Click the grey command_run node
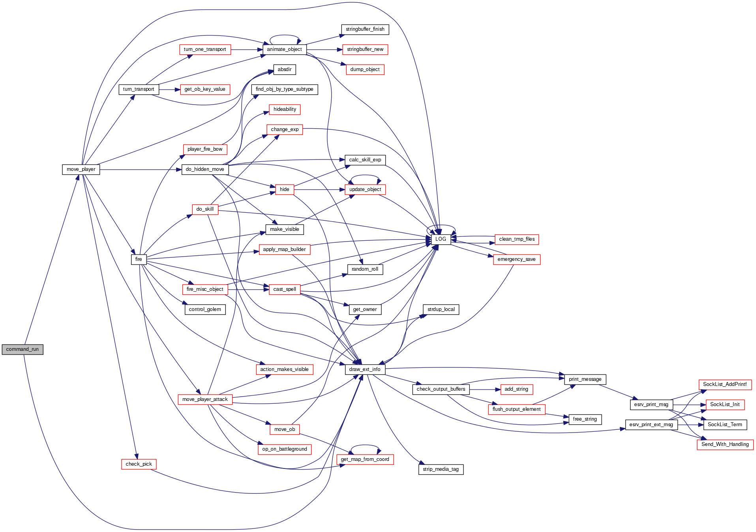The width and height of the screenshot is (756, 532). [23, 349]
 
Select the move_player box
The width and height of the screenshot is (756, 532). [81, 169]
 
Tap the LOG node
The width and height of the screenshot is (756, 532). [441, 239]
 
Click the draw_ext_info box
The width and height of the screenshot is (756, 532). [365, 369]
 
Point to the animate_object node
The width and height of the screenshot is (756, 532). [284, 49]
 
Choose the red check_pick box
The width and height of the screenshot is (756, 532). [139, 464]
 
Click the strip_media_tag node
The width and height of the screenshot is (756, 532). [441, 469]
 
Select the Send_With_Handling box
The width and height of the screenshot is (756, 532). [725, 444]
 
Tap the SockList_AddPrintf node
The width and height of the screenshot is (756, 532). [725, 384]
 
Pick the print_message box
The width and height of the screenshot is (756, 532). [585, 379]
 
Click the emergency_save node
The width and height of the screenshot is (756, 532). [516, 259]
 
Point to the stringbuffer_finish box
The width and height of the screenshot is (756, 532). [365, 29]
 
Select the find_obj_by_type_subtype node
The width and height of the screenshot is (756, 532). [284, 89]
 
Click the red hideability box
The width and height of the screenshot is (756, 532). [285, 109]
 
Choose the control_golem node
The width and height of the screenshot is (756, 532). [205, 309]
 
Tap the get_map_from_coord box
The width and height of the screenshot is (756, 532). [365, 459]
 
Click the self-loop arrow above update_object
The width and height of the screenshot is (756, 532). [365, 176]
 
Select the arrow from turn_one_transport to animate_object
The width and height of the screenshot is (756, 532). [247, 50]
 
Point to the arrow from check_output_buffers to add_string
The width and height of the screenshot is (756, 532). [485, 390]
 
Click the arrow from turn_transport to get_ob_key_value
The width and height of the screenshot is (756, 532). [169, 90]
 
